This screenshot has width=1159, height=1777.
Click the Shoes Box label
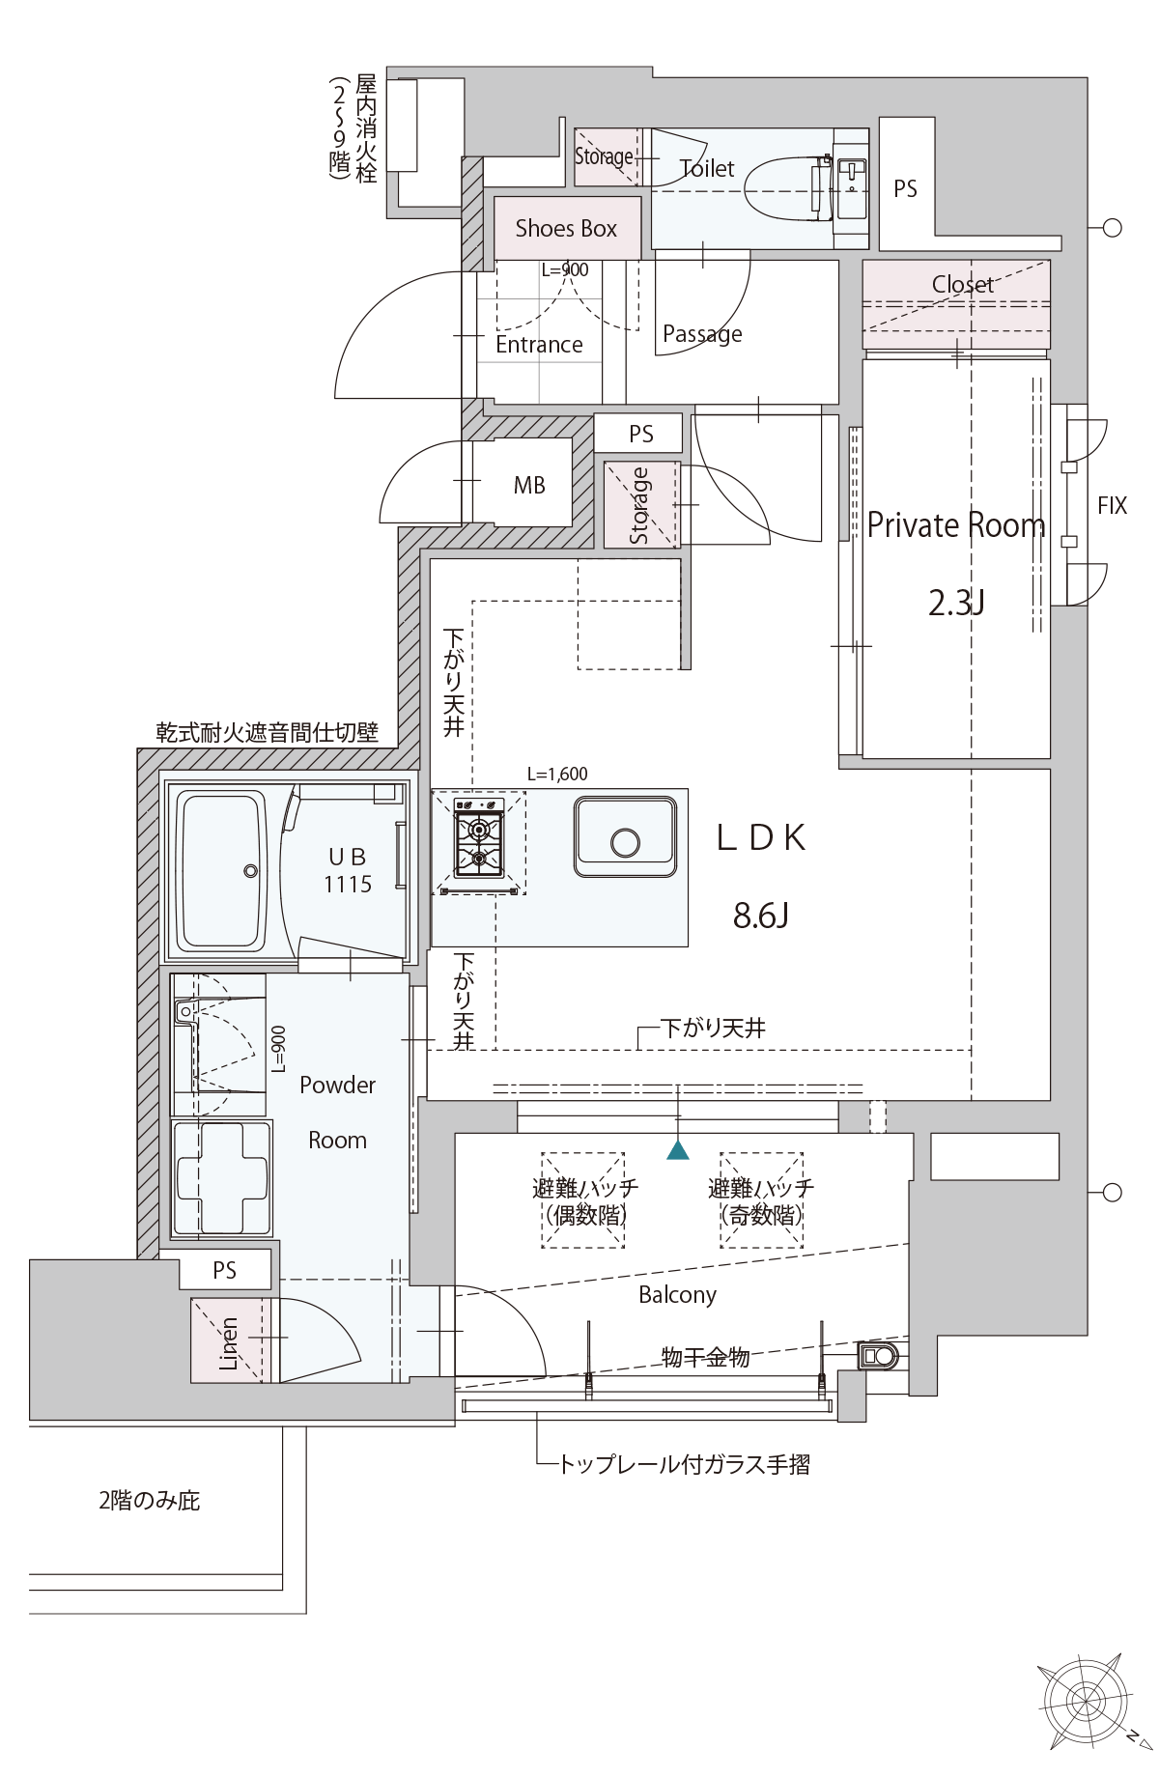click(x=566, y=229)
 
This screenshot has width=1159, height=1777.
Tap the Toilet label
click(x=707, y=169)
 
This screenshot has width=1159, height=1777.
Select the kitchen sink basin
click(x=625, y=836)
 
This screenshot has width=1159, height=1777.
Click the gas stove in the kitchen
click(x=479, y=843)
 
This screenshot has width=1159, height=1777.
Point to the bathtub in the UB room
click(x=223, y=870)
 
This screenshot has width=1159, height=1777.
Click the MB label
click(x=529, y=486)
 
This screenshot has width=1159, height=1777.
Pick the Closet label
click(x=963, y=284)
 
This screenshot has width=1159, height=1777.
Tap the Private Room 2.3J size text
click(x=956, y=603)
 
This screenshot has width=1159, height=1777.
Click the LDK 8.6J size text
click(x=761, y=915)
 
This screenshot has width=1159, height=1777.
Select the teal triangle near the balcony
click(x=678, y=1150)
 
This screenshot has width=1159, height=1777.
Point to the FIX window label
click(x=1112, y=505)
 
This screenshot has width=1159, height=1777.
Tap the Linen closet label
click(x=229, y=1343)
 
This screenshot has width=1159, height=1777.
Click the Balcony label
click(x=677, y=1295)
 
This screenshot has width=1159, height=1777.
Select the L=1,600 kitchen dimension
click(x=557, y=774)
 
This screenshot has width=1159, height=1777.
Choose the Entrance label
click(x=539, y=345)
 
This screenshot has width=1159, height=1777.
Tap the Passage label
click(x=702, y=335)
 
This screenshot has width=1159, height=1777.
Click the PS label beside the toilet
click(x=905, y=189)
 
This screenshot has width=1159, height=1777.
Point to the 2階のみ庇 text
click(x=150, y=1501)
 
